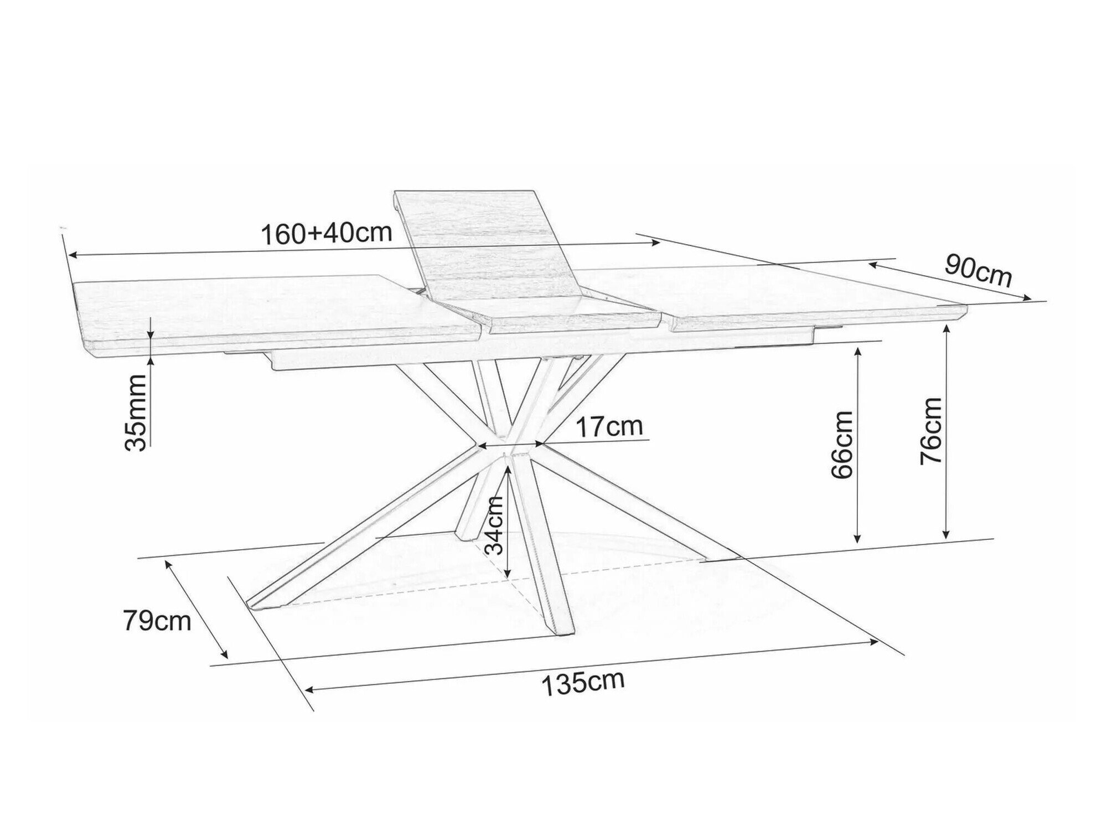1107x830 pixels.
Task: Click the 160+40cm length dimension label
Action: click(326, 233)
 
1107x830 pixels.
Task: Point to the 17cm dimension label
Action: click(609, 427)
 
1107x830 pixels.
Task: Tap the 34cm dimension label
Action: click(494, 525)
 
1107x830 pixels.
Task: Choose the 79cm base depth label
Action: click(157, 621)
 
